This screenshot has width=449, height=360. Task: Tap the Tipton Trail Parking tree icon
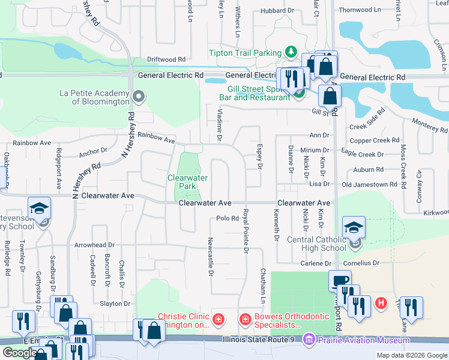click(291, 52)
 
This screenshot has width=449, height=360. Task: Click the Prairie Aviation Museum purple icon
click(310, 340)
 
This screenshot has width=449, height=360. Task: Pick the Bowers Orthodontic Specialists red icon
click(245, 319)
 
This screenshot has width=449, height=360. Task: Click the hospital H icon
click(381, 304)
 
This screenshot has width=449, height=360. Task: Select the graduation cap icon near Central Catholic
click(354, 228)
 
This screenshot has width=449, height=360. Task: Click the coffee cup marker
click(340, 281)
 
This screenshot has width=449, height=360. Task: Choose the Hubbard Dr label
click(277, 10)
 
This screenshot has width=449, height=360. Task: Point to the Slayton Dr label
click(115, 304)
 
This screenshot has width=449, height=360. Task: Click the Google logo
click(19, 353)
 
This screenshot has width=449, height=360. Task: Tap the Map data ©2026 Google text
click(411, 355)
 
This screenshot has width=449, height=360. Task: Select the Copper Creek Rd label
click(375, 140)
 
